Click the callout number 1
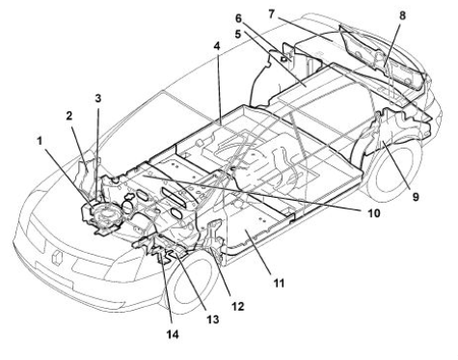coord(40,141)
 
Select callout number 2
coord(69,116)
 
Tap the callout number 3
coord(98,98)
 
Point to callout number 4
coord(217,46)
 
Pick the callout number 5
coord(238,34)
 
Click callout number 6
coord(238,18)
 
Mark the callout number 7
coord(272,14)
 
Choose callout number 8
coord(402,15)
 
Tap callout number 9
coord(416,197)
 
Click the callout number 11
coord(279,283)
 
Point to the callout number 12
coord(237,306)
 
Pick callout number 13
coord(213,319)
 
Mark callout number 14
coord(173,334)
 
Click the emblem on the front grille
coord(57,258)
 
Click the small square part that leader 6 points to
coord(283,59)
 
